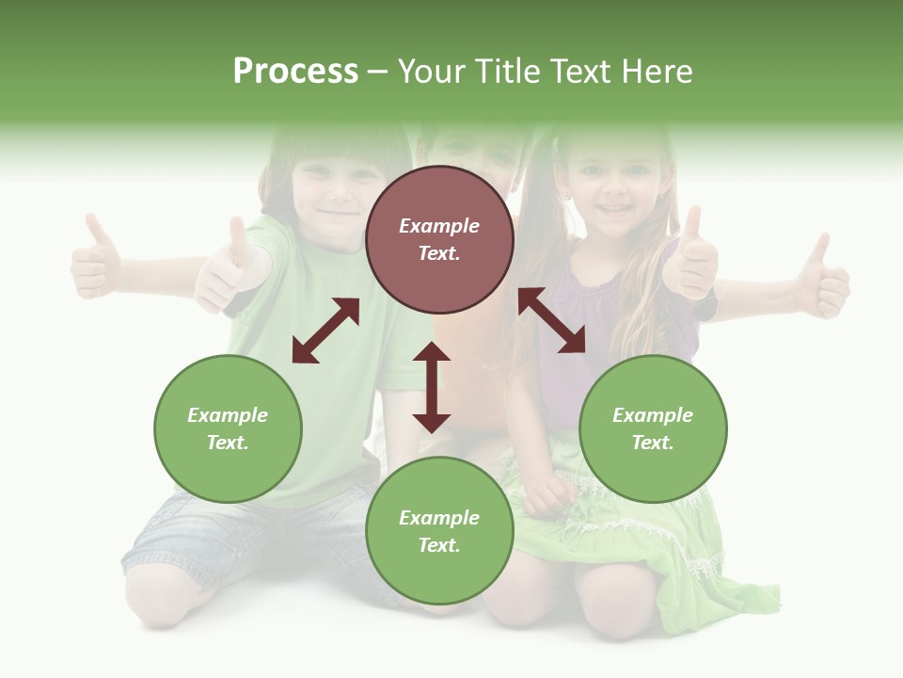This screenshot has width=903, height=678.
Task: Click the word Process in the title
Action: pyautogui.click(x=295, y=72)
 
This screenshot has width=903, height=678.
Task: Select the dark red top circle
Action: pyautogui.click(x=439, y=240)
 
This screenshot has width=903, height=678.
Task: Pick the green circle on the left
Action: pyautogui.click(x=228, y=428)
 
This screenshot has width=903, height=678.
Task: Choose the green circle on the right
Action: pyautogui.click(x=653, y=428)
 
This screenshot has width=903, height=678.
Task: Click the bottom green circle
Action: pyautogui.click(x=439, y=530)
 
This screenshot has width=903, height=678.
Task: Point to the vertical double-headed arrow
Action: pyautogui.click(x=432, y=387)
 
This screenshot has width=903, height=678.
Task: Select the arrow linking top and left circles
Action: pyautogui.click(x=325, y=331)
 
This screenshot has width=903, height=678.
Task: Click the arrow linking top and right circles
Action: pyautogui.click(x=552, y=320)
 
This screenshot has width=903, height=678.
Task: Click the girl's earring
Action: pyautogui.click(x=567, y=200)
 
